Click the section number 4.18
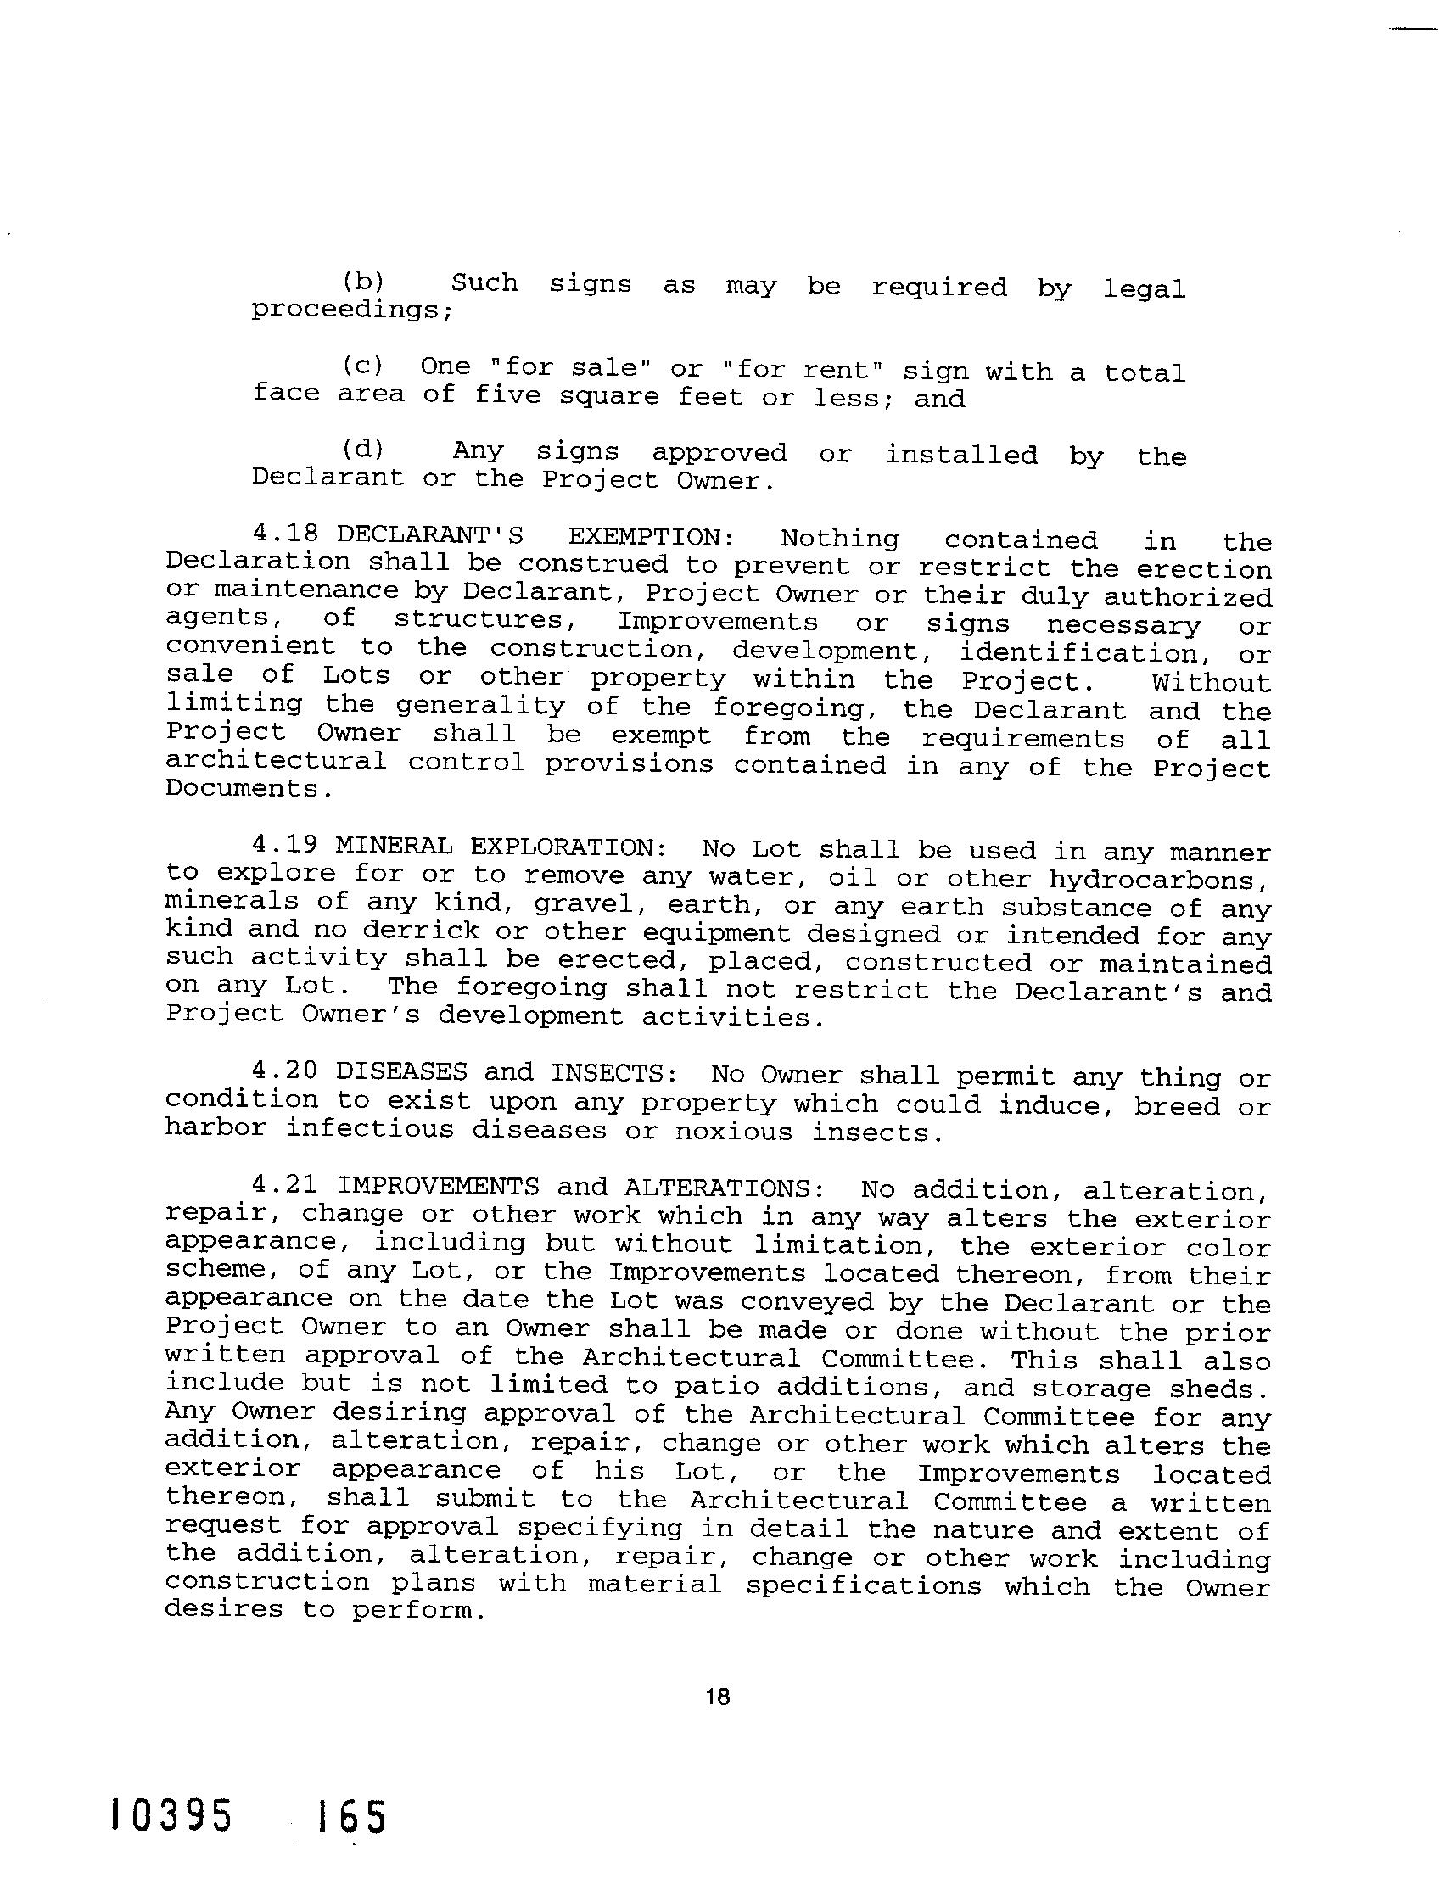pyautogui.click(x=286, y=534)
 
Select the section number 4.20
pyautogui.click(x=286, y=1072)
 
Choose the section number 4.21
pyautogui.click(x=286, y=1187)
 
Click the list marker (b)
pyautogui.click(x=362, y=282)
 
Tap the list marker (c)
pyautogui.click(x=362, y=367)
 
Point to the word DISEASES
pyautogui.click(x=402, y=1073)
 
